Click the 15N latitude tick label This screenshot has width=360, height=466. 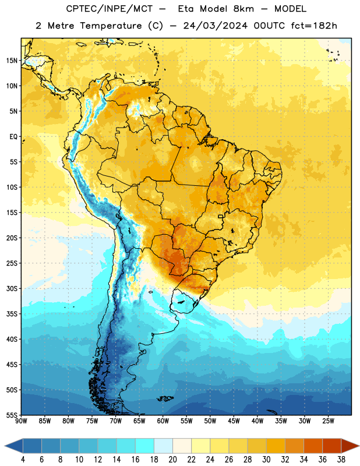(x=12, y=61)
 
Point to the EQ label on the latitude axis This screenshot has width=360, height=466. (x=13, y=137)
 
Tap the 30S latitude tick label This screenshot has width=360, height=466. (x=12, y=289)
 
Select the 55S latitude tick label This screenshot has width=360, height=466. (x=12, y=415)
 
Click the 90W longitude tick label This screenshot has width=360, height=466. (x=21, y=421)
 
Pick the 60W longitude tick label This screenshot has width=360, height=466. (x=163, y=421)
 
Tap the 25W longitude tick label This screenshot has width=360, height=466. (x=328, y=421)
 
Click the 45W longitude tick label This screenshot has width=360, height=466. (x=234, y=421)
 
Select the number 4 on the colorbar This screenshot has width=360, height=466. (x=23, y=460)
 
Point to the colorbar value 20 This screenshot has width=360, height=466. (x=172, y=460)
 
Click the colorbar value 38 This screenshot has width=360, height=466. (x=341, y=460)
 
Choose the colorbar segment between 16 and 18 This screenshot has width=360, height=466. (x=145, y=446)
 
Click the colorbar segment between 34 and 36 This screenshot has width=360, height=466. (x=313, y=446)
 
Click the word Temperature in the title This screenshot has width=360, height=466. (x=111, y=26)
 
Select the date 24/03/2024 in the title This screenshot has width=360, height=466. (x=216, y=26)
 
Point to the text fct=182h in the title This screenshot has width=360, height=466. (x=314, y=26)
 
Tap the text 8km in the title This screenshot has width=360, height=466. (x=243, y=9)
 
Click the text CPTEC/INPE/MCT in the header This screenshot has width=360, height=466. (x=109, y=9)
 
